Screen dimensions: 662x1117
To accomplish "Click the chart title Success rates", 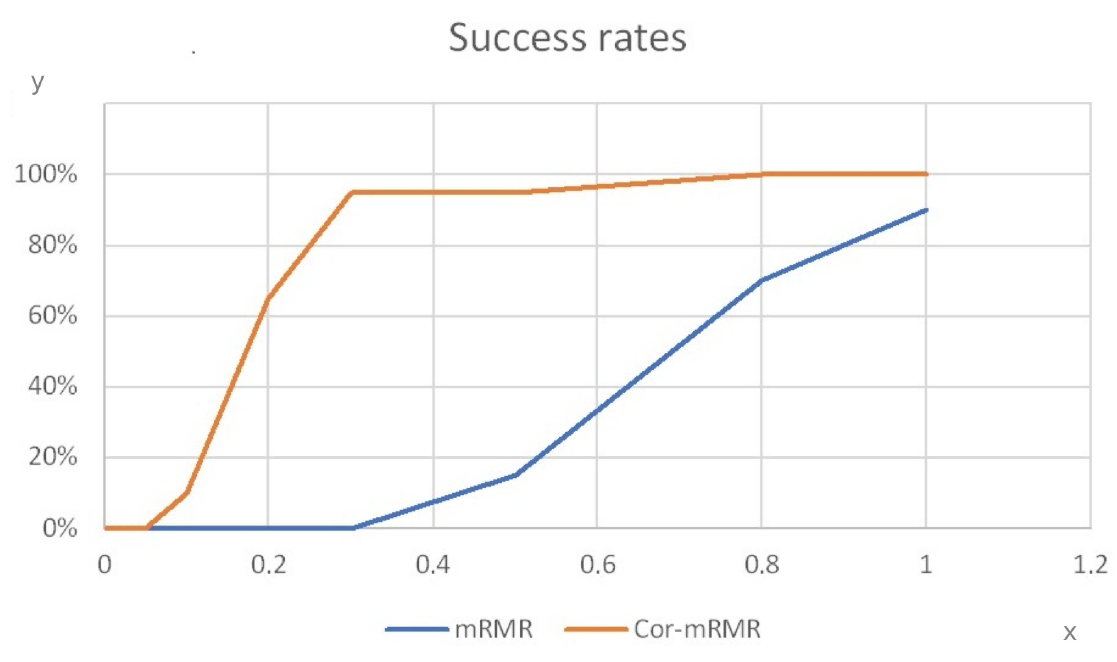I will pyautogui.click(x=567, y=38).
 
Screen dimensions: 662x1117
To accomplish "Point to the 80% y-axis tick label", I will pyautogui.click(x=52, y=245).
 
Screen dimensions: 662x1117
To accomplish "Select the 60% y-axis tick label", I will pyautogui.click(x=52, y=315).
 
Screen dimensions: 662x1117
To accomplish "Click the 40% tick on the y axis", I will pyautogui.click(x=52, y=386).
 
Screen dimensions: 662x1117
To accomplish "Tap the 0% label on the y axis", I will pyautogui.click(x=59, y=528).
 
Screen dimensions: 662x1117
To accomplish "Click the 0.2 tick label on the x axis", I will pyautogui.click(x=268, y=565).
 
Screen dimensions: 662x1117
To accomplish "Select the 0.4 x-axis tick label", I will pyautogui.click(x=433, y=565).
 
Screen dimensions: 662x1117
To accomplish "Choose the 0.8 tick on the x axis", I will pyautogui.click(x=762, y=565).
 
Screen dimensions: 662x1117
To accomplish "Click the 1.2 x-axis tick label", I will pyautogui.click(x=1090, y=565).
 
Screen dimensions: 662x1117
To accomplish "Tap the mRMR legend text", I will pyautogui.click(x=494, y=629).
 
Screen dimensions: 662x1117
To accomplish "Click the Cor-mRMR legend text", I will pyautogui.click(x=697, y=629).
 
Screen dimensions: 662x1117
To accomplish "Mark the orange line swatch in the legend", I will pyautogui.click(x=596, y=629).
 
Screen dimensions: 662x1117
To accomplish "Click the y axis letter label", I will pyautogui.click(x=38, y=83).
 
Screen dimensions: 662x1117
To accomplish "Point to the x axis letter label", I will pyautogui.click(x=1070, y=633).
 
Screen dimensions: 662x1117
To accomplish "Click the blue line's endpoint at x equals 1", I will pyautogui.click(x=925, y=210).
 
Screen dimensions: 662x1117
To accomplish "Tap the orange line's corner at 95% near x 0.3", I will pyautogui.click(x=353, y=192).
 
